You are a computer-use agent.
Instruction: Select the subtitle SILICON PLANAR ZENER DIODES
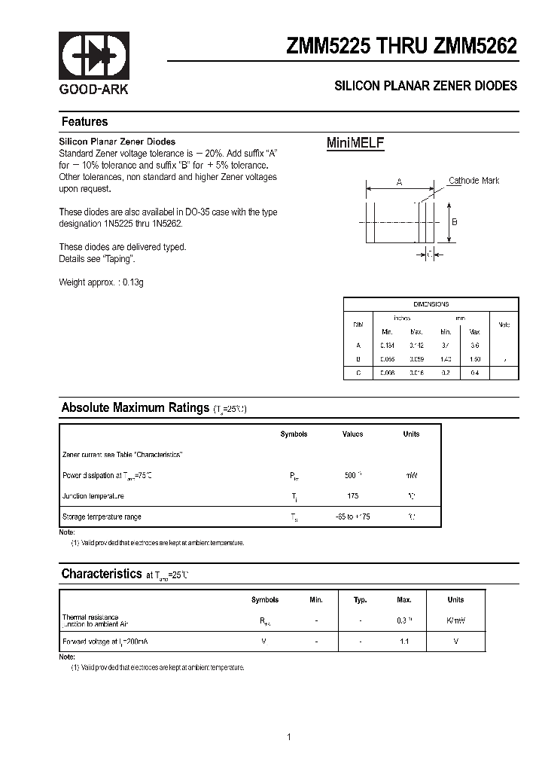click(425, 86)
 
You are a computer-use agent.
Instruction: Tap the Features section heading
click(84, 122)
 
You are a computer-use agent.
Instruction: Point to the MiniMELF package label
click(355, 143)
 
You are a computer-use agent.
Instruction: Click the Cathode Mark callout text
click(473, 180)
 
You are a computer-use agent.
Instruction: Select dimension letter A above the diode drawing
click(399, 182)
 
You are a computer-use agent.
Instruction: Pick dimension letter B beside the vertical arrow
click(454, 222)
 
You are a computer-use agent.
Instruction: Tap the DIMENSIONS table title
click(431, 304)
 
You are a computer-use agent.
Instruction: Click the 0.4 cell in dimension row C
click(475, 373)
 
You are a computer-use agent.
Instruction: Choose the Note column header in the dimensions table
click(504, 325)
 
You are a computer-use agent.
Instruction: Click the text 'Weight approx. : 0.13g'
click(101, 282)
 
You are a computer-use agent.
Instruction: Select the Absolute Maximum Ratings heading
click(135, 407)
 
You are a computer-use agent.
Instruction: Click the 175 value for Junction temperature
click(353, 496)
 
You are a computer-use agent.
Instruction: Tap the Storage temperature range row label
click(102, 517)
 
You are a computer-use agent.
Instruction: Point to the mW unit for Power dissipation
click(411, 476)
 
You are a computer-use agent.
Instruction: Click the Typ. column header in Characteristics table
click(361, 600)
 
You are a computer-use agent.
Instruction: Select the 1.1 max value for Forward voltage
click(404, 642)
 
